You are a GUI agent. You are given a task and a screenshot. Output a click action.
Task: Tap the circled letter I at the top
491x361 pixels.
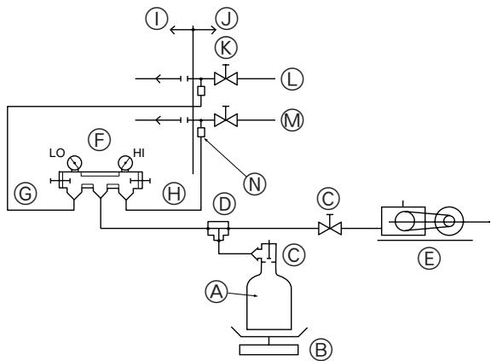pos(155,15)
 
